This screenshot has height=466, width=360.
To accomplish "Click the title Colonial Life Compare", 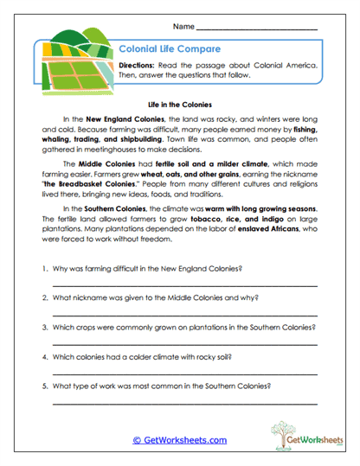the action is pyautogui.click(x=161, y=51).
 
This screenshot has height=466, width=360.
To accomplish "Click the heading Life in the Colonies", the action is pyautogui.click(x=179, y=101).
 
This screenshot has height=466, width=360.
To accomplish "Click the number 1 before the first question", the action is pyautogui.click(x=42, y=269).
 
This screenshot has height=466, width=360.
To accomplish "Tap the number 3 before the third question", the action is pyautogui.click(x=42, y=328).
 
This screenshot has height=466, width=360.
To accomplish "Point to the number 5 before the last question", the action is pyautogui.click(x=42, y=386).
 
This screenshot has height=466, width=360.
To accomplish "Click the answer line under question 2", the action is pyautogui.click(x=184, y=314).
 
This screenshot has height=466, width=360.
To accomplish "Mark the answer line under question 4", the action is pyautogui.click(x=184, y=373).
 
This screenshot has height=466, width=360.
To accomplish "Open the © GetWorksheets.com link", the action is pyautogui.click(x=179, y=440).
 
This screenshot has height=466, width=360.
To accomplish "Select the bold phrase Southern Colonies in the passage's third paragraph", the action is pyautogui.click(x=112, y=209).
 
